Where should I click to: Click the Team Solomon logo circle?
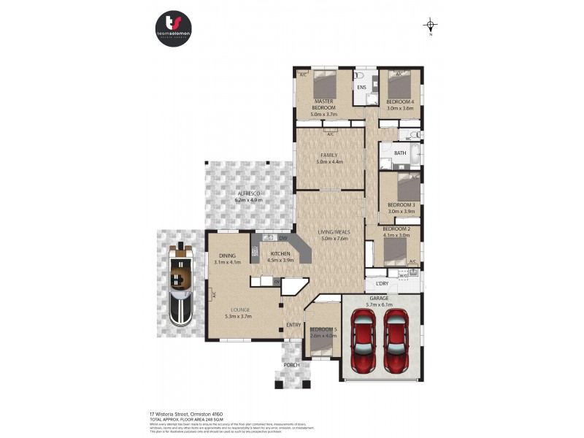click(x=174, y=30)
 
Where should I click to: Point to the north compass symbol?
click(x=431, y=26)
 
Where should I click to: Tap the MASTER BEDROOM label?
click(x=324, y=104)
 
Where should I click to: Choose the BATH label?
click(x=400, y=153)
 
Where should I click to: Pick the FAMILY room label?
click(x=330, y=155)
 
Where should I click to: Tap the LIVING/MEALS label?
click(x=332, y=232)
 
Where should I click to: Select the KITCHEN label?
click(x=280, y=253)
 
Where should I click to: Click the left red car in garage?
click(x=363, y=339)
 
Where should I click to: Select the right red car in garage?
click(x=396, y=339)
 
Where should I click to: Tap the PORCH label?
click(x=292, y=364)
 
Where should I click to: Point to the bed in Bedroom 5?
click(x=322, y=347)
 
